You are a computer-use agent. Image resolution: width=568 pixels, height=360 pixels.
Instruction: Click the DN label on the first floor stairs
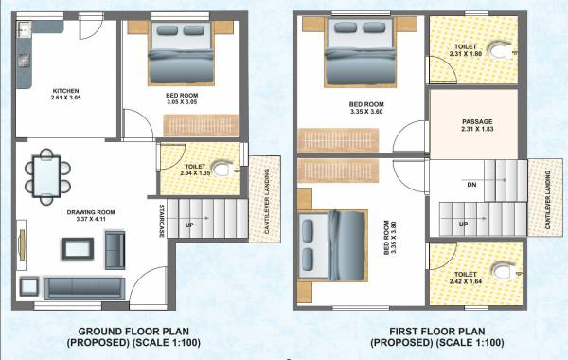pyautogui.click(x=471, y=186)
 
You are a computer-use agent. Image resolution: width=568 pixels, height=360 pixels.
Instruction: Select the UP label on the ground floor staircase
pyautogui.click(x=189, y=225)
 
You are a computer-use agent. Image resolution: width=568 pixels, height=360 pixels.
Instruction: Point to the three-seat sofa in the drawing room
pyautogui.click(x=83, y=285)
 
